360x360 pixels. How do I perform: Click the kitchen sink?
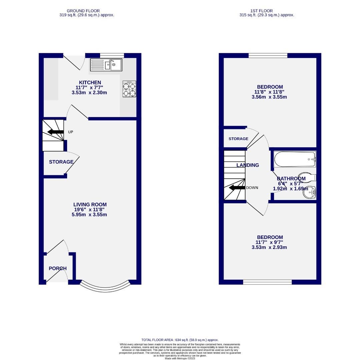pyautogui.click(x=106, y=65)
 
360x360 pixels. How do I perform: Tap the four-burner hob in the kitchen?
pyautogui.click(x=129, y=89)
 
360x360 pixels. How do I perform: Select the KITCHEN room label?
pyautogui.click(x=90, y=83)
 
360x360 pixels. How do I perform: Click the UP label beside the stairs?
pyautogui.click(x=70, y=132)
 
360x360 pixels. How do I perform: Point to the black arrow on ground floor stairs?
pyautogui.click(x=56, y=132)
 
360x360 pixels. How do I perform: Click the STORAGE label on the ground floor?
pyautogui.click(x=61, y=162)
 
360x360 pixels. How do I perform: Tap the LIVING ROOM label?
pyautogui.click(x=90, y=205)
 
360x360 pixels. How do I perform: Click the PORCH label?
pyautogui.click(x=58, y=268)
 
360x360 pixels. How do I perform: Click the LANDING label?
pyautogui.click(x=248, y=165)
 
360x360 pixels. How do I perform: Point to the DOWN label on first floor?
pyautogui.click(x=252, y=188)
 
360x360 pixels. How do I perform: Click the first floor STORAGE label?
pyautogui.click(x=238, y=139)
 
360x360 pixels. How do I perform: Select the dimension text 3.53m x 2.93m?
pyautogui.click(x=269, y=247)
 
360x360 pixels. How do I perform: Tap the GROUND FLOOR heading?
pyautogui.click(x=83, y=11)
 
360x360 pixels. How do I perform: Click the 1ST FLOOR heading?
pyautogui.click(x=261, y=11)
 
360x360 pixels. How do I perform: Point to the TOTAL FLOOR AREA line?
pyautogui.click(x=180, y=340)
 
